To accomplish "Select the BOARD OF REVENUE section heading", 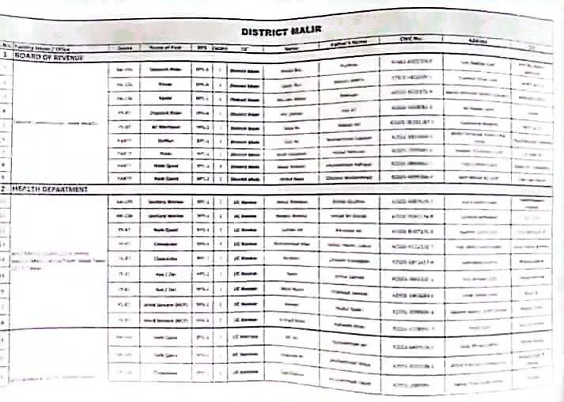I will coord(49,56).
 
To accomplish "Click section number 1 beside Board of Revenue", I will coord(6,56).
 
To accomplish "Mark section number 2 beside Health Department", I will coord(5,189).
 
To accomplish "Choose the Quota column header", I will coord(123,47).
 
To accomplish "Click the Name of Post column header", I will coord(165,47).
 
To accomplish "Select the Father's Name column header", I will coord(350,43).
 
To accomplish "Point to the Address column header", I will coord(477,40).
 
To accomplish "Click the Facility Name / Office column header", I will coord(36,47).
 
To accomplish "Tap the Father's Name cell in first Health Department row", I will coord(350,203).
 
